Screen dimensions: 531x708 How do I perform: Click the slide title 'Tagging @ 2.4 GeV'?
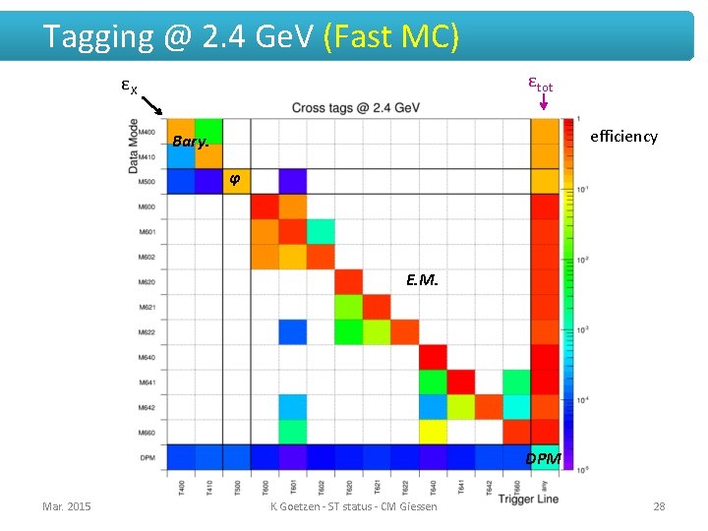pyautogui.click(x=178, y=36)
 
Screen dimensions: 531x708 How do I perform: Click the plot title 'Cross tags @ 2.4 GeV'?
pyautogui.click(x=356, y=107)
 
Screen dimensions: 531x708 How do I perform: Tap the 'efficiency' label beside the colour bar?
pyautogui.click(x=622, y=137)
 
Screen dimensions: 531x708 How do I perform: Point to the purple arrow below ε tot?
pyautogui.click(x=543, y=101)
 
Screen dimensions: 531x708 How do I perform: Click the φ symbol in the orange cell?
pyautogui.click(x=234, y=179)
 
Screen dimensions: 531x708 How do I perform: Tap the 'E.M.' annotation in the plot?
pyautogui.click(x=422, y=280)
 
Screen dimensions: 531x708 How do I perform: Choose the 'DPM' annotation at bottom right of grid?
pyautogui.click(x=543, y=458)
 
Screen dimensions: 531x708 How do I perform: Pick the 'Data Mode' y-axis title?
pyautogui.click(x=134, y=146)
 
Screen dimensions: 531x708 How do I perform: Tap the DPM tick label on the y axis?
pyautogui.click(x=147, y=458)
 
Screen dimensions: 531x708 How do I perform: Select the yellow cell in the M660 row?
pyautogui.click(x=434, y=432)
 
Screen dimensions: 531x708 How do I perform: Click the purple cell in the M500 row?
pyautogui.click(x=292, y=182)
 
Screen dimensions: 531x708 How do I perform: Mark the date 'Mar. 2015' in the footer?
pyautogui.click(x=67, y=506)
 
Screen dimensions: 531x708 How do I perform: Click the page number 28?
pyautogui.click(x=659, y=506)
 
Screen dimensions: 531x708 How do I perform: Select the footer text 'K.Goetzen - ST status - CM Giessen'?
pyautogui.click(x=354, y=506)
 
